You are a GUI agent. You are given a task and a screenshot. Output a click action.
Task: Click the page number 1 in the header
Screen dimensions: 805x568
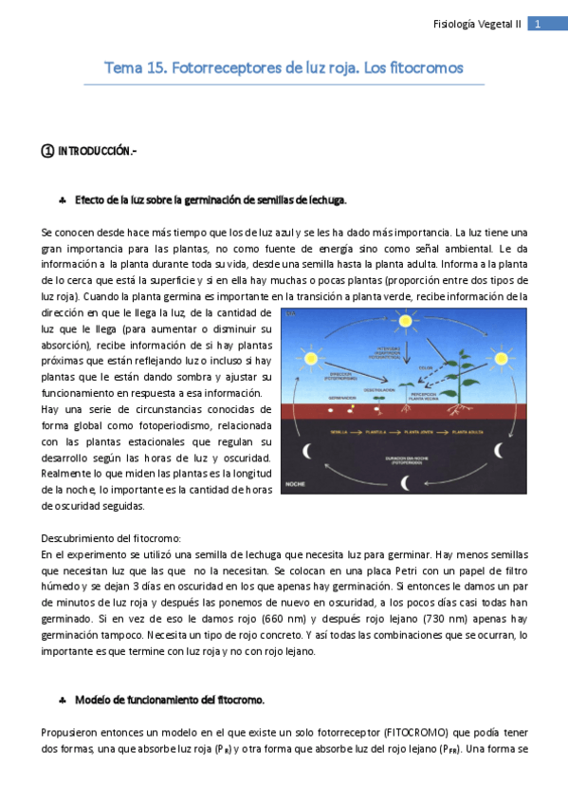(538, 25)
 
